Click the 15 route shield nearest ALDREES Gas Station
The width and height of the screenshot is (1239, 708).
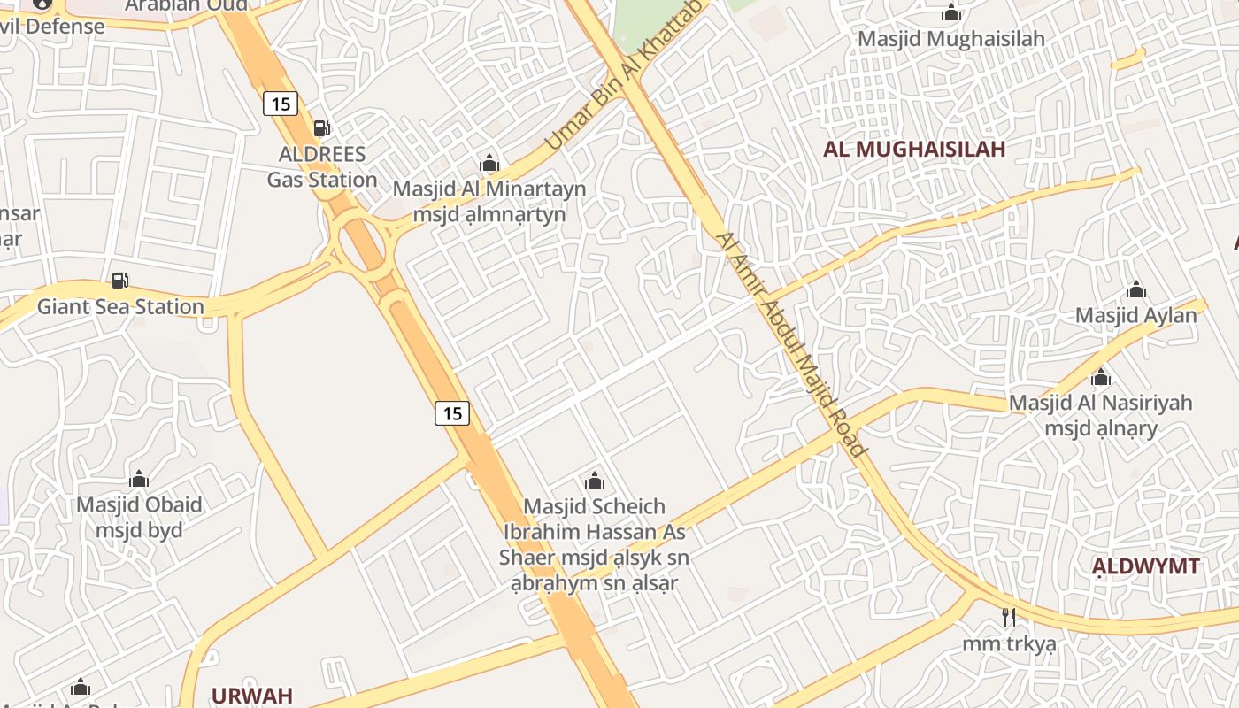(281, 104)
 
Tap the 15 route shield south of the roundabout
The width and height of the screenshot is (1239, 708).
(452, 412)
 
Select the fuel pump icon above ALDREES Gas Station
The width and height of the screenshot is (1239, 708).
(322, 128)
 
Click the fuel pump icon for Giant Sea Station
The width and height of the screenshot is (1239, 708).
(120, 281)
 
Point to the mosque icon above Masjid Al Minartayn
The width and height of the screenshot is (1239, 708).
(489, 163)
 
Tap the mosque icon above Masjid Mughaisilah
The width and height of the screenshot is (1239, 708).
(951, 12)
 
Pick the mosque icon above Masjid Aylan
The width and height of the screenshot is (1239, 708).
(1136, 289)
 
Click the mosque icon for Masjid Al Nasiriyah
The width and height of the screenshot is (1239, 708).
(1101, 378)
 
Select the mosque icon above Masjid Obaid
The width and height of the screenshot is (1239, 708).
(138, 480)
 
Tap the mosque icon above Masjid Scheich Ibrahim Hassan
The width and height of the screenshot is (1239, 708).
(595, 481)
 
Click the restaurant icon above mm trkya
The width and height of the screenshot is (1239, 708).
(1009, 617)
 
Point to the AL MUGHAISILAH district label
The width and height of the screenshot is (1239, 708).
(914, 149)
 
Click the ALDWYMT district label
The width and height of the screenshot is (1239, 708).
(1145, 566)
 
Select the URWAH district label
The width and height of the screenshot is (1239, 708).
(251, 695)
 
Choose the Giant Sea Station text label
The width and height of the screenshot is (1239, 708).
(120, 307)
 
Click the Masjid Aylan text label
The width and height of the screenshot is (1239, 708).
(1135, 315)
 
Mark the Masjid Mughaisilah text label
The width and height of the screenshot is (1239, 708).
(951, 39)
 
